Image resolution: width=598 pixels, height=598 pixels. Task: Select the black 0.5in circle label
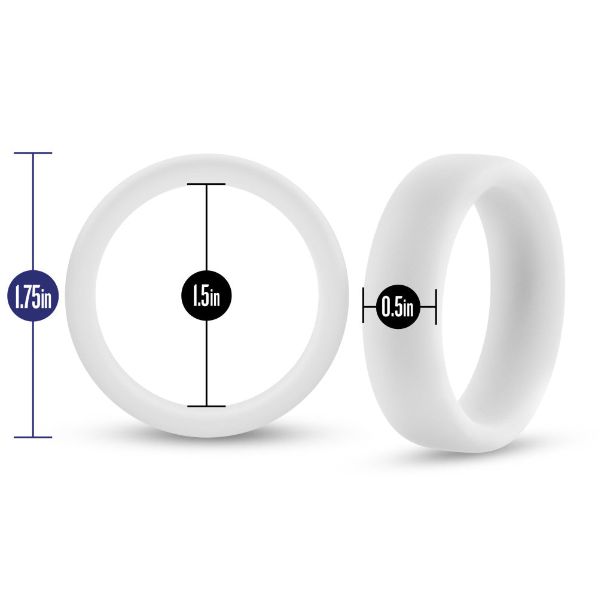tap(398, 307)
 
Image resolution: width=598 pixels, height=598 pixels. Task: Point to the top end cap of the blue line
tap(33, 153)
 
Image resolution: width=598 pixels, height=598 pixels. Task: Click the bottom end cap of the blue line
tap(33, 437)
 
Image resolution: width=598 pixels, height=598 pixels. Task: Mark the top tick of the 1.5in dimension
tap(206, 184)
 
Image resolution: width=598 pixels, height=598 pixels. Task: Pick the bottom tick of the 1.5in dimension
tap(206, 406)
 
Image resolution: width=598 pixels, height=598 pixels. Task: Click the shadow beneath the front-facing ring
tap(206, 443)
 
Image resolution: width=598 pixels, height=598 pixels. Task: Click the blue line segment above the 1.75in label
tap(33, 209)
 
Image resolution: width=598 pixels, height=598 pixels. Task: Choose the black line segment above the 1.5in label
tap(206, 227)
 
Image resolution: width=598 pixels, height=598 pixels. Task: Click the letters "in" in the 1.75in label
tap(47, 298)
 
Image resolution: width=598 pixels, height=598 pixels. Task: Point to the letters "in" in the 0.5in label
tap(408, 309)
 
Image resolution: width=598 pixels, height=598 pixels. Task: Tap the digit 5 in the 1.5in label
tap(205, 297)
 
